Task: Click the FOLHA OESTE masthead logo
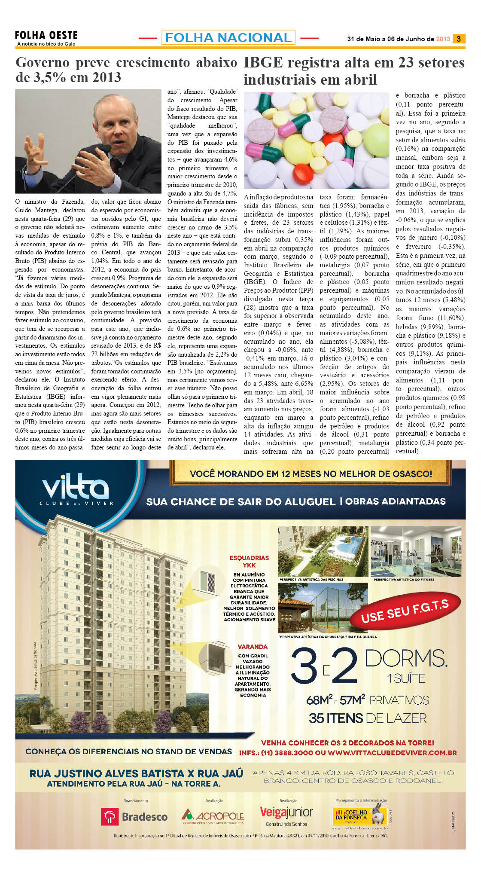(x=46, y=37)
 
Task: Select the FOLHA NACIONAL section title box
(x=228, y=38)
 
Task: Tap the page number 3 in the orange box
(x=459, y=39)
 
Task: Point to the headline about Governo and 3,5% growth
(x=126, y=70)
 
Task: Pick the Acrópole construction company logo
(x=213, y=816)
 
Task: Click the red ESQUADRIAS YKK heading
(x=249, y=561)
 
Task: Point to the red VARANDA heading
(x=253, y=646)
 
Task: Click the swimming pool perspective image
(x=323, y=551)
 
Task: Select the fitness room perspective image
(x=416, y=551)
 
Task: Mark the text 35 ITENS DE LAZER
(x=368, y=718)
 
